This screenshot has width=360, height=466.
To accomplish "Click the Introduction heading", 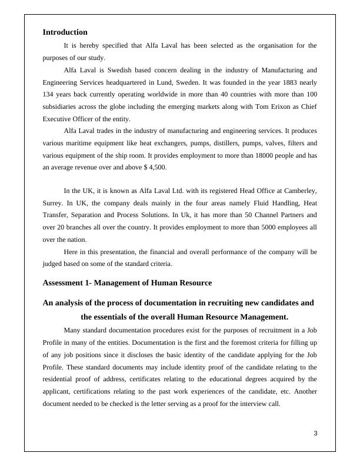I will [65, 32].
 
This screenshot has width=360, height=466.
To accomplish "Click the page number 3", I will [315, 434].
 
